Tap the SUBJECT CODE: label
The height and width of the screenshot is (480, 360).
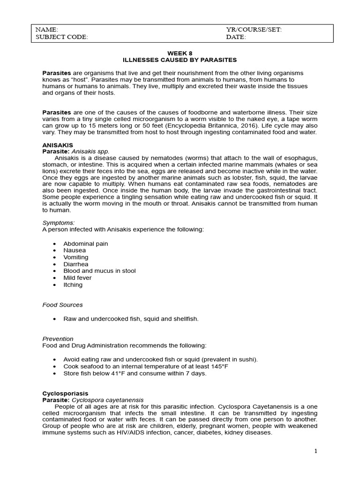61,37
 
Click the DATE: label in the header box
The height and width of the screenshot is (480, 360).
236,37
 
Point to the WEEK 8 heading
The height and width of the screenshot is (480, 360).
180,53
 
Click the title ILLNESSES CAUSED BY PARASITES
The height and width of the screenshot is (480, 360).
180,60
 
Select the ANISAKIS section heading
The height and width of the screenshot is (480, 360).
57,146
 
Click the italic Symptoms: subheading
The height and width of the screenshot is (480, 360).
59,223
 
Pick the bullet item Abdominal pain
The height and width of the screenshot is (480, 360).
86,244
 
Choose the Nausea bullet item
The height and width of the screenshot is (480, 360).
75,251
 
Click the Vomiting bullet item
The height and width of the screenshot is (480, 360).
76,257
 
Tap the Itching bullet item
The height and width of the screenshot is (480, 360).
73,285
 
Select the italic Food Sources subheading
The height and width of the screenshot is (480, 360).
62,305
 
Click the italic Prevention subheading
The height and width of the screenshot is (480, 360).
58,338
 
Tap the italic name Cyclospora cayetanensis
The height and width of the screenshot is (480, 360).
107,400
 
